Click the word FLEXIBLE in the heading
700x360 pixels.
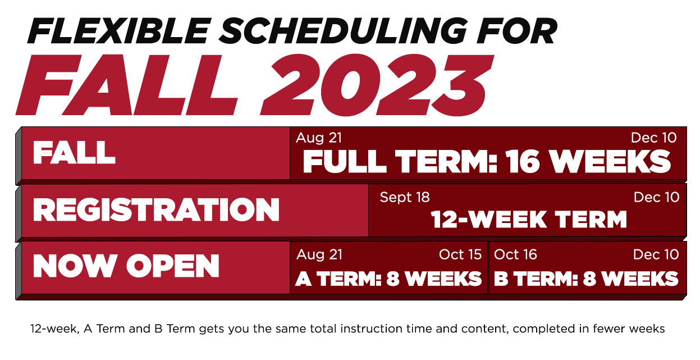[119, 31]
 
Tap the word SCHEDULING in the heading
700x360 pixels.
[343, 31]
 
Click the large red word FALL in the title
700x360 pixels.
[126, 85]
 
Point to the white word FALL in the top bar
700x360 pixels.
[74, 152]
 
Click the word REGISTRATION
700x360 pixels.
[156, 210]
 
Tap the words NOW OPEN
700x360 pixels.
[126, 266]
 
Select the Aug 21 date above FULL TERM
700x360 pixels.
[319, 138]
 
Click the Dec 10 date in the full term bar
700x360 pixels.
[654, 138]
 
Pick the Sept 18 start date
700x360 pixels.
[405, 198]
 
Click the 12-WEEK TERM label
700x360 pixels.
[529, 220]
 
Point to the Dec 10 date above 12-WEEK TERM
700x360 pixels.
[657, 197]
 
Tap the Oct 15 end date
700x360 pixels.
[460, 254]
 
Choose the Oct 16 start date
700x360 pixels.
[515, 254]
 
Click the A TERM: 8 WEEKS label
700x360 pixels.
[388, 279]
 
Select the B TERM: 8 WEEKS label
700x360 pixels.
[586, 279]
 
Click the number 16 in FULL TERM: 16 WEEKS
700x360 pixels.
[523, 161]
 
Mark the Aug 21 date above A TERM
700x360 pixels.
[319, 254]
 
